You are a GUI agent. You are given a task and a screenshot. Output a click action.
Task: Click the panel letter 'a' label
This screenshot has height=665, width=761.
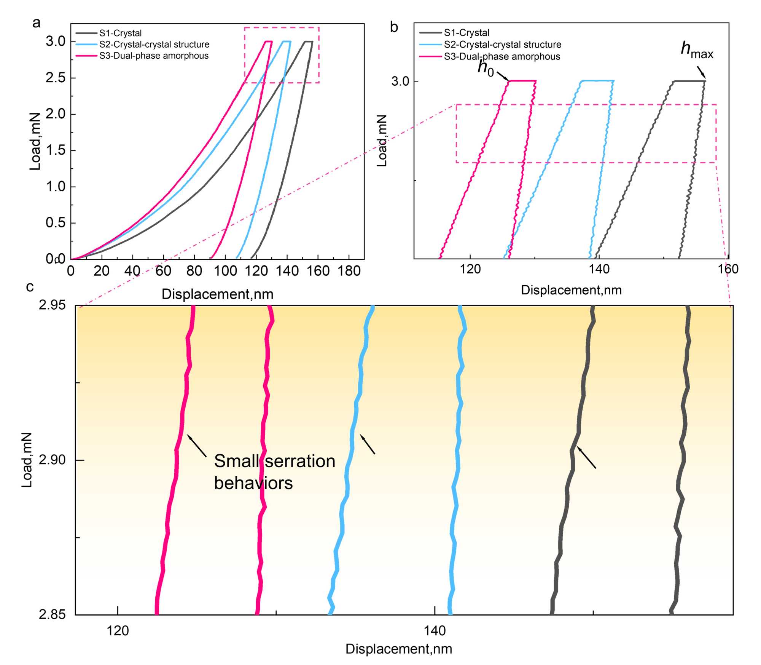[x=37, y=23]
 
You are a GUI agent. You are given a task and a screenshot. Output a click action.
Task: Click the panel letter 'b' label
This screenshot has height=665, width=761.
[x=394, y=27]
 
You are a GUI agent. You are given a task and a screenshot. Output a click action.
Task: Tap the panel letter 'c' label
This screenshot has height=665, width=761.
[x=30, y=287]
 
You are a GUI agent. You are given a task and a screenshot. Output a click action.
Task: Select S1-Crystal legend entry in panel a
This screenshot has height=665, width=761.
[x=120, y=33]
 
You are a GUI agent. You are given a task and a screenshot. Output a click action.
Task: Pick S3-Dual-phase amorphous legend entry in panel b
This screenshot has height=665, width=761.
[x=502, y=57]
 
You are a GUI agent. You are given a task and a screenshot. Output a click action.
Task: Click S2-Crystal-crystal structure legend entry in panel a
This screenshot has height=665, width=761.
[x=154, y=45]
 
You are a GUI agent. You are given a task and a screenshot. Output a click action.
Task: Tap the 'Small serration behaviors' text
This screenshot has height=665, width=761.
[x=274, y=472]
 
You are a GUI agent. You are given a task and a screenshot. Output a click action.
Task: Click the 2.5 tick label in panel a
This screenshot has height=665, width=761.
[x=56, y=78]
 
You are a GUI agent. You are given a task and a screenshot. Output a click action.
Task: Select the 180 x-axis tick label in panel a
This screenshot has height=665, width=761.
[x=349, y=271]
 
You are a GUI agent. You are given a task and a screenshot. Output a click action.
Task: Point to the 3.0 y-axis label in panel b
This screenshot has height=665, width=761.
[x=400, y=82]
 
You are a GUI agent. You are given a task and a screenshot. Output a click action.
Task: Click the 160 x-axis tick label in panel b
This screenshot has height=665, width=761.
[x=728, y=269]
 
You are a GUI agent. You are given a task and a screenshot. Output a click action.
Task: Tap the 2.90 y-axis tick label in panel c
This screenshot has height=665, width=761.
[x=52, y=460]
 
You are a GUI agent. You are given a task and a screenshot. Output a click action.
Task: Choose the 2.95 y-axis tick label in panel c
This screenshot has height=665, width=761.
[x=52, y=305]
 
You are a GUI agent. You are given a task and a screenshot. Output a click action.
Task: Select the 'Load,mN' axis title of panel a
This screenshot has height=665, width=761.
[x=35, y=141]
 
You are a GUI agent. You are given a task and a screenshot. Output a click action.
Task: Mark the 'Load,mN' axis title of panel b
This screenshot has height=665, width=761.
[x=382, y=141]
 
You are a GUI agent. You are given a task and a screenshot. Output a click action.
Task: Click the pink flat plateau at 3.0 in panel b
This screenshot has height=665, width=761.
[x=522, y=81]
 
